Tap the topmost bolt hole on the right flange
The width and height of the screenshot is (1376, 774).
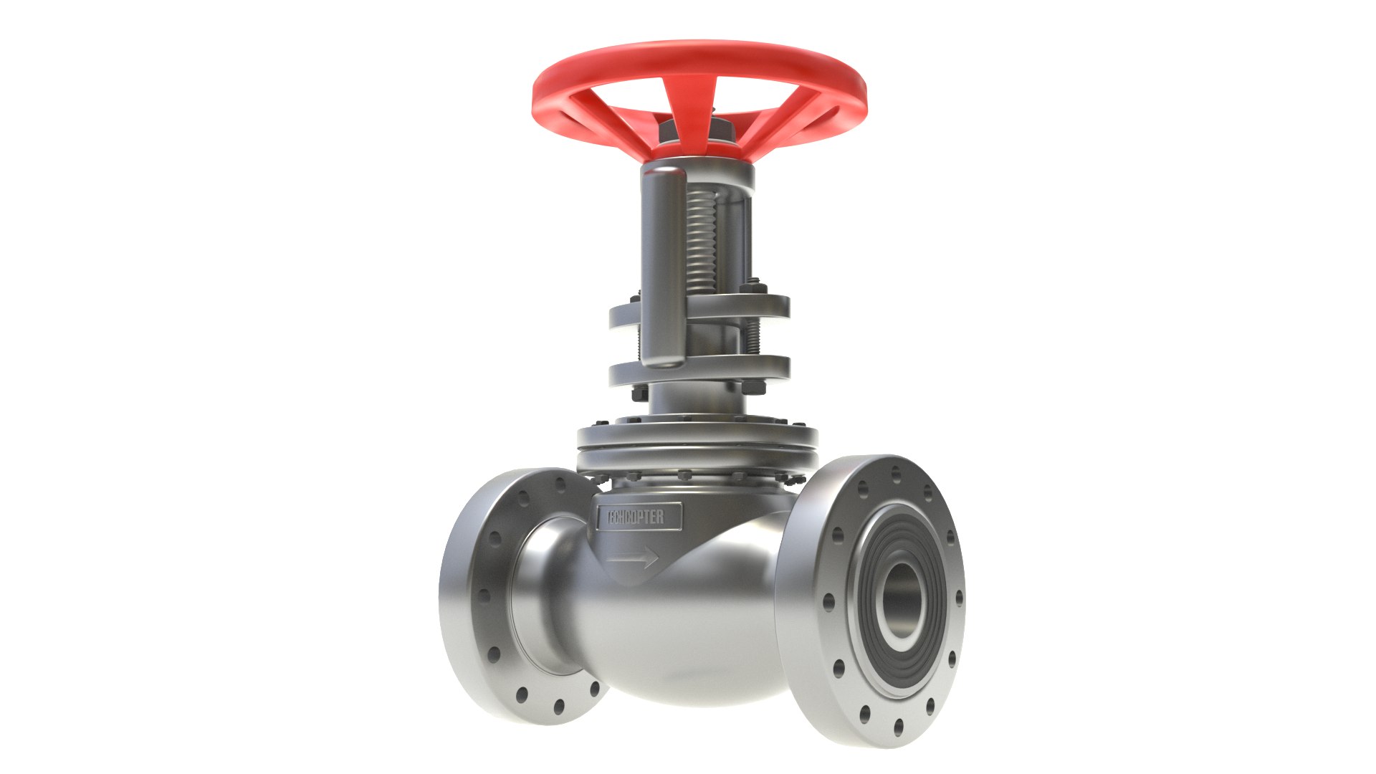(895, 474)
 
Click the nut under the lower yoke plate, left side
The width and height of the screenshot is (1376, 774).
(639, 393)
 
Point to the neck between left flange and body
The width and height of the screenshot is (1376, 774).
(545, 595)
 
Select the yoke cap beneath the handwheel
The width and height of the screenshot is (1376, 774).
(699, 172)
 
